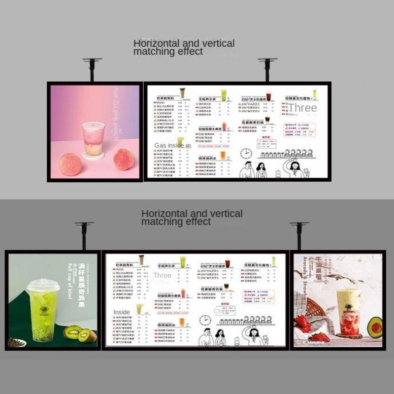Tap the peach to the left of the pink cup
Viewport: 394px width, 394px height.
[x=70, y=164]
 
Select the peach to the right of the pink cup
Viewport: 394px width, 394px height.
[x=124, y=159]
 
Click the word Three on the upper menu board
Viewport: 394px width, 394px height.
[x=302, y=108]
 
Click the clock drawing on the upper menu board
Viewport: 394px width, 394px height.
[x=246, y=153]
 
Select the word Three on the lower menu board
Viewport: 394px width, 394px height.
[x=162, y=275]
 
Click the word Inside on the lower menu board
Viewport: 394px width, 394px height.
[x=122, y=312]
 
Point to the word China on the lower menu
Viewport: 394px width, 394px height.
[x=222, y=311]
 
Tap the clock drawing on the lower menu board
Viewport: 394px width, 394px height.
[x=205, y=321]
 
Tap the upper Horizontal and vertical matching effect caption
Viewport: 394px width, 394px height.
[x=184, y=47]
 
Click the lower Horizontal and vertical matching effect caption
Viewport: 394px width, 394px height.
[x=192, y=217]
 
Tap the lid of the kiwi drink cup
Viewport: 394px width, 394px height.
[x=43, y=285]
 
